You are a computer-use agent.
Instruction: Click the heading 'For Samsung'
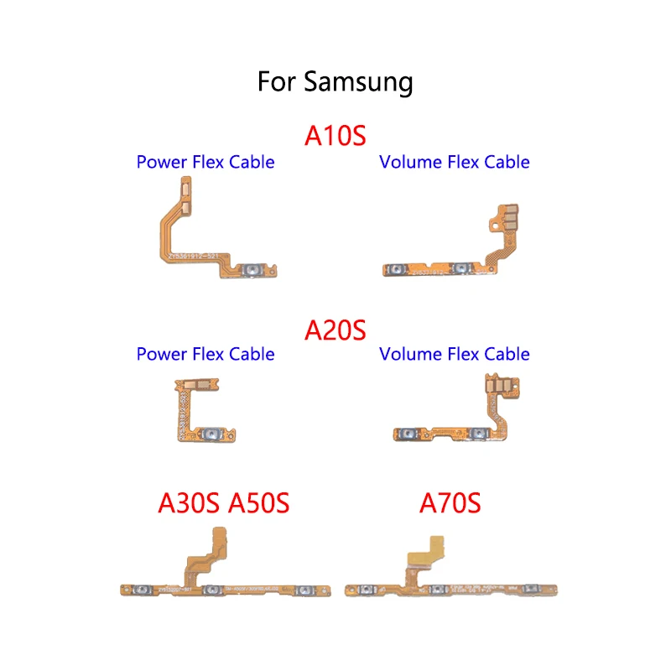tap(335, 82)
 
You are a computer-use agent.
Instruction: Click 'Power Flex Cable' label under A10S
tap(205, 162)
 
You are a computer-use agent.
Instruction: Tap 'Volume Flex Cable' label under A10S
tap(455, 162)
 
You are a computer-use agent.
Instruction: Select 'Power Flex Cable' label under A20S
tap(205, 354)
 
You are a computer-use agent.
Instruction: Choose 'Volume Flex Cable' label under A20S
tap(455, 354)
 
